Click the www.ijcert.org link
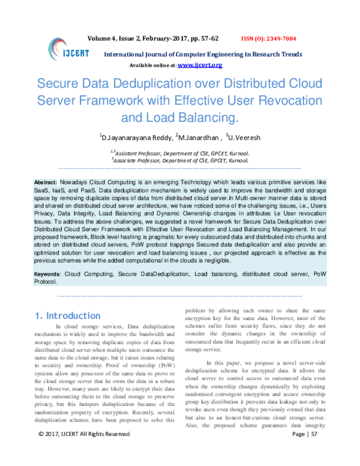[200, 64]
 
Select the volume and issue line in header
[172, 37]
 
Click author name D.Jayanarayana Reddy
[137, 137]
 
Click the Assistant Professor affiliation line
[180, 153]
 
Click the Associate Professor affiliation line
[180, 161]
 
